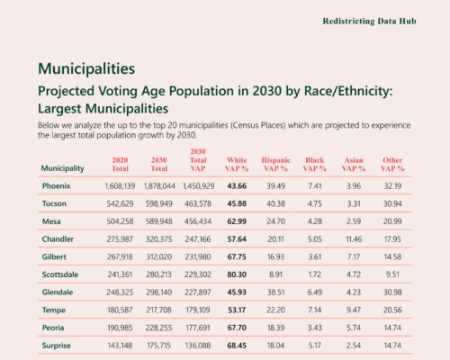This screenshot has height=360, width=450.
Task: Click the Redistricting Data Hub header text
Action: (369, 22)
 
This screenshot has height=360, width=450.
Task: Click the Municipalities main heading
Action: (86, 68)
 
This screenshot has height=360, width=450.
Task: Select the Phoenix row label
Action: (56, 186)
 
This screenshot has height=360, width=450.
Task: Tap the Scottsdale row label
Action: (60, 274)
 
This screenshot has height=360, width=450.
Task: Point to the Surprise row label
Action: (57, 346)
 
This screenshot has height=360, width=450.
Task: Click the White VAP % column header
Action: (237, 165)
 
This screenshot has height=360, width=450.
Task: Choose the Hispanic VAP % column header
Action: (275, 165)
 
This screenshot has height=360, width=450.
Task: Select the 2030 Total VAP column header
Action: (198, 160)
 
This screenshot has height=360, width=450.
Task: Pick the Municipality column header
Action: (63, 168)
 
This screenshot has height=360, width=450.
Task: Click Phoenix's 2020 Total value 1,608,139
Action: (120, 186)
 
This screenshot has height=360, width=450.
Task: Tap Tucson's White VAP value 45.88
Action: (237, 203)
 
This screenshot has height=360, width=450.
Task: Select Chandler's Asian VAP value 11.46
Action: (354, 239)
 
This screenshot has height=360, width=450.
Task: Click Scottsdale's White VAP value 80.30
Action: (237, 274)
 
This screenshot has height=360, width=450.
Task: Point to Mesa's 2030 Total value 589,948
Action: (159, 221)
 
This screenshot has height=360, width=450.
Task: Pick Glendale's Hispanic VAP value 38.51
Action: (275, 292)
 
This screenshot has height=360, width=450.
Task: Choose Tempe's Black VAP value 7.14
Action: (315, 310)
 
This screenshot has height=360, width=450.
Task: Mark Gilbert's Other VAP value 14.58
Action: (392, 256)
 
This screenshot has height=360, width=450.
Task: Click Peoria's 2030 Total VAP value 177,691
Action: (198, 328)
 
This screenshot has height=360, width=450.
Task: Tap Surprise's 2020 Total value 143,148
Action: (120, 346)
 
